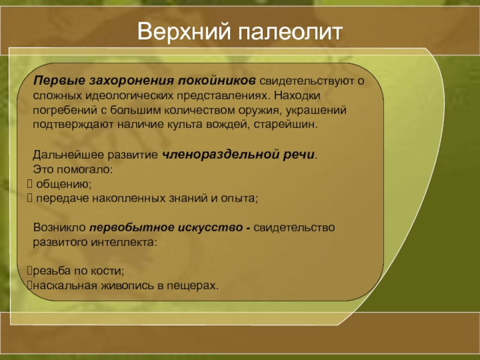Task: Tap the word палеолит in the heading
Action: coord(290,32)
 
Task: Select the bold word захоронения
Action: coord(132,80)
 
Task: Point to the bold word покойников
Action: coord(217,80)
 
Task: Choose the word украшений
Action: coord(316,110)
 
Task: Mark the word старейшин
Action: coord(286,125)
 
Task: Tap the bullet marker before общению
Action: coord(29,184)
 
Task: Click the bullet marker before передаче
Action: coord(29,198)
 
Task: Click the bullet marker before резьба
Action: coord(29,271)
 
